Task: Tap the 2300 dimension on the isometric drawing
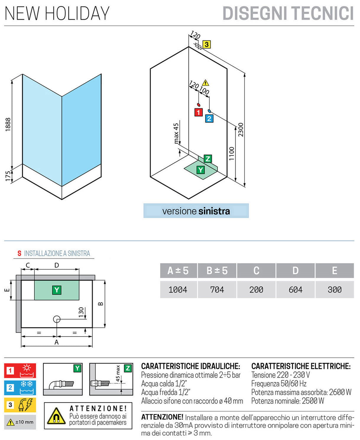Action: (x=241, y=130)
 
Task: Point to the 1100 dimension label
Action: (x=232, y=154)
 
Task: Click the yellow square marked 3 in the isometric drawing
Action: (x=206, y=44)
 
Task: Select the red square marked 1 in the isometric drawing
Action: (x=198, y=112)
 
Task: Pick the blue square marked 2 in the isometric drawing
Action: (x=209, y=119)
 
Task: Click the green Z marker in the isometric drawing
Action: (x=208, y=159)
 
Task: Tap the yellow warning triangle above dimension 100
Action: (x=205, y=83)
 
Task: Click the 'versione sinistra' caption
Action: (x=196, y=211)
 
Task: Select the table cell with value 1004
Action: (x=178, y=289)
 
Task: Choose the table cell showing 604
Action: (x=295, y=289)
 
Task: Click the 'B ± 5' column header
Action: (x=217, y=270)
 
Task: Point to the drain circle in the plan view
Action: (x=57, y=319)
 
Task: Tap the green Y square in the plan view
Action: (x=56, y=290)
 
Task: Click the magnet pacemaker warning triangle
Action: (x=56, y=416)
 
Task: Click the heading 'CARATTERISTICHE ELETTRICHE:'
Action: (x=301, y=366)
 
